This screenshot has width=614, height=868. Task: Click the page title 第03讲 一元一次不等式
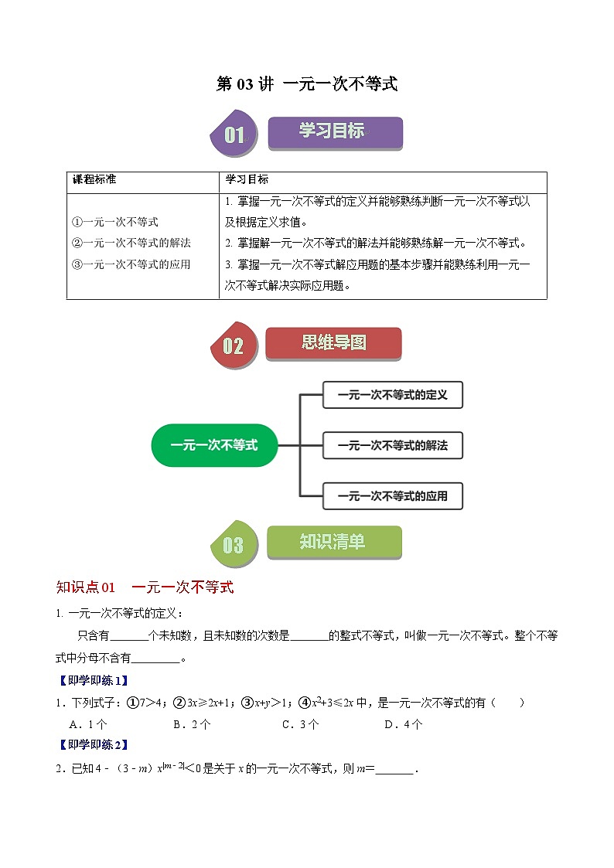pyautogui.click(x=306, y=84)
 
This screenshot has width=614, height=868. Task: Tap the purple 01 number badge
pyautogui.click(x=233, y=136)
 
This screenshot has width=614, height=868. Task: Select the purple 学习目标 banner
pyautogui.click(x=334, y=132)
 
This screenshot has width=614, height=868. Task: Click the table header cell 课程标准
pyautogui.click(x=94, y=179)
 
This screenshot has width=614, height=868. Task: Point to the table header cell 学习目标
pyautogui.click(x=247, y=179)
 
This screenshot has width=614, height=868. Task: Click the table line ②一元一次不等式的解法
pyautogui.click(x=131, y=243)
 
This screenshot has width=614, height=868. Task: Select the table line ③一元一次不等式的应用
pyautogui.click(x=131, y=264)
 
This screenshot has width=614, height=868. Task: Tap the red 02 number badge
pyautogui.click(x=233, y=346)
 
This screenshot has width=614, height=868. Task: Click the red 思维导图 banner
pyautogui.click(x=333, y=342)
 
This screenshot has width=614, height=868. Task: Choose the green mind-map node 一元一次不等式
pyautogui.click(x=214, y=445)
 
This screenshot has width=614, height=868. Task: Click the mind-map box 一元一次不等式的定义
pyautogui.click(x=392, y=395)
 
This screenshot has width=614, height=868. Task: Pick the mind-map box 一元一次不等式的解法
pyautogui.click(x=392, y=446)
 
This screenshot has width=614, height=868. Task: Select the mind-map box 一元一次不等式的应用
pyautogui.click(x=392, y=495)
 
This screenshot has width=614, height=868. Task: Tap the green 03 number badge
pyautogui.click(x=233, y=546)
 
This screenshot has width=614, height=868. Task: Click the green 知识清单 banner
pyautogui.click(x=334, y=542)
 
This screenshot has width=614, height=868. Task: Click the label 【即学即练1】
pyautogui.click(x=92, y=681)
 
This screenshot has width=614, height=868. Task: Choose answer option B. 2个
pyautogui.click(x=192, y=724)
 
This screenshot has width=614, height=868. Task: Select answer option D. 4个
pyautogui.click(x=403, y=724)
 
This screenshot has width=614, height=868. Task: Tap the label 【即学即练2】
pyautogui.click(x=92, y=745)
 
